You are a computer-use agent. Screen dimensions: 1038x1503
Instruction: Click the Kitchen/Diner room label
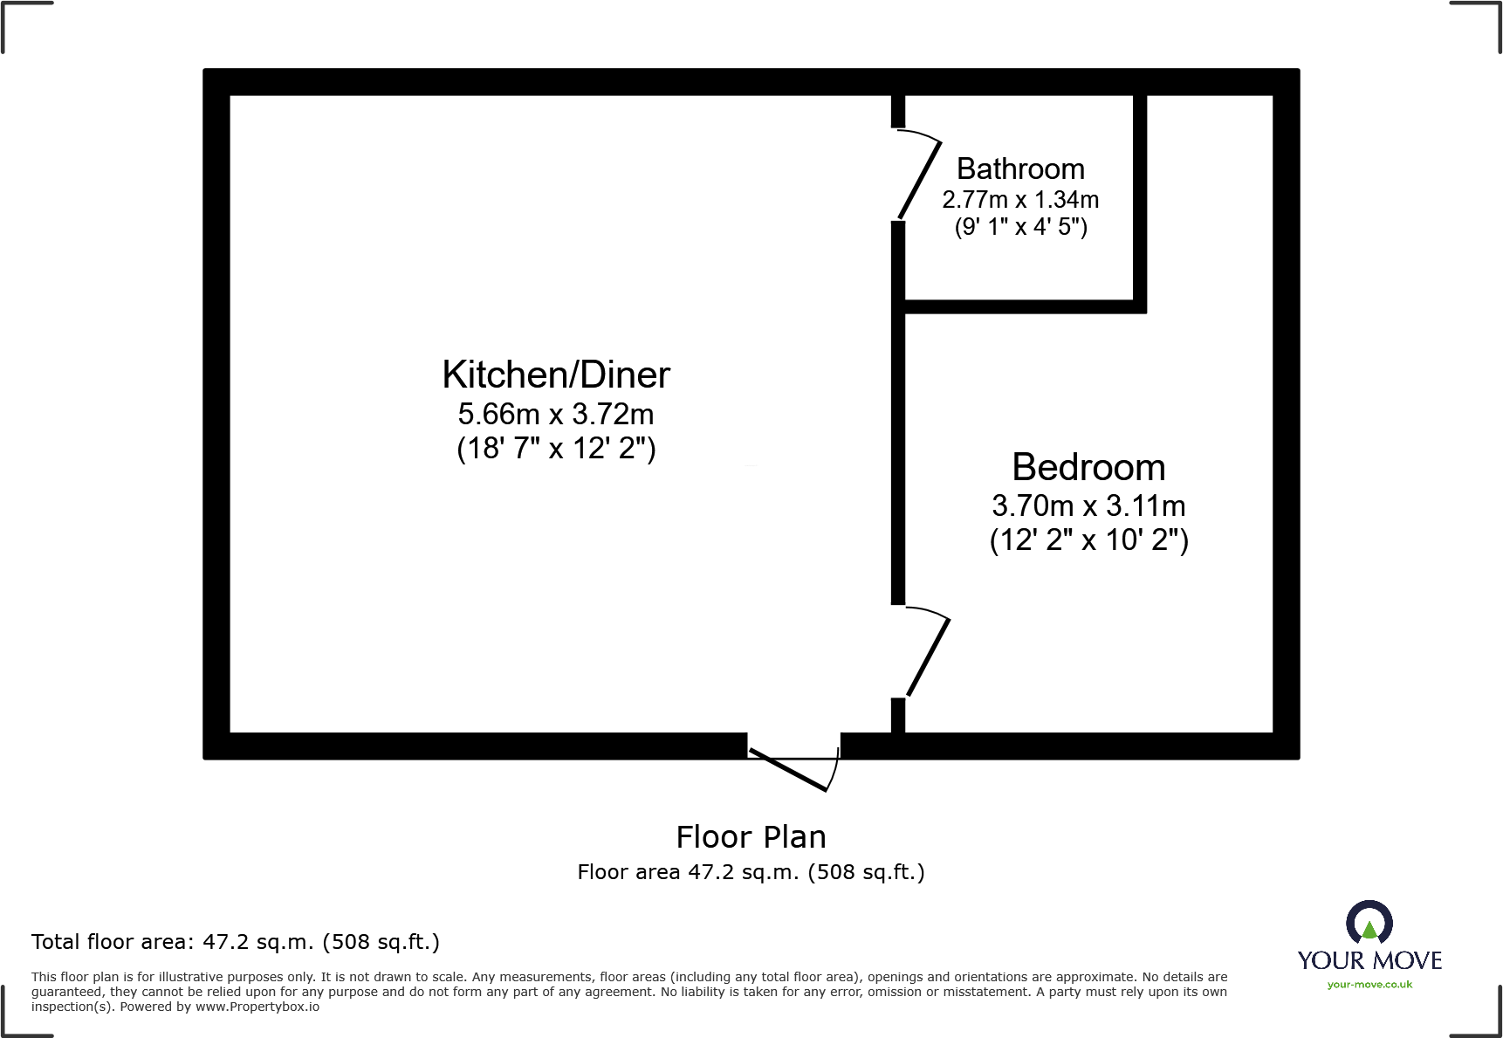pos(556,375)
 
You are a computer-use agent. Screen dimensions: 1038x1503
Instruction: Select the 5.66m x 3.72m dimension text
pos(556,414)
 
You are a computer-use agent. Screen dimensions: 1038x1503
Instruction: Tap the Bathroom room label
pos(1020,168)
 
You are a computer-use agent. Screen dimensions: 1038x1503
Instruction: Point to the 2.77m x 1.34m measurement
pos(1020,200)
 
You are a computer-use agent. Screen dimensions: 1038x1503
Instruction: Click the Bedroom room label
pos(1088,468)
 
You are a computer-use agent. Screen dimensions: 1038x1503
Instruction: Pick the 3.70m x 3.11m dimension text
pos(1088,506)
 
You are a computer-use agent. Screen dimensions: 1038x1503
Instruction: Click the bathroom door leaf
pos(920,180)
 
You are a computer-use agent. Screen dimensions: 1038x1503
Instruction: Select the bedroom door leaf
pos(929,657)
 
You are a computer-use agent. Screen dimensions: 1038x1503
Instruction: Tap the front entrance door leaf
pos(788,770)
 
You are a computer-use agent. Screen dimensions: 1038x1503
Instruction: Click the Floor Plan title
pos(751,837)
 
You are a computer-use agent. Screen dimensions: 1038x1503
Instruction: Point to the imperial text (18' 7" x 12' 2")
pos(556,449)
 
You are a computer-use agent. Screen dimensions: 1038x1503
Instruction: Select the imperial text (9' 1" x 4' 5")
pos(1020,228)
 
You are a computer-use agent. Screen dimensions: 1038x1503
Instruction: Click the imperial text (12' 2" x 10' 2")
pos(1088,540)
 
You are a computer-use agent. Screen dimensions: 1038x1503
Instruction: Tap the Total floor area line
pos(236,942)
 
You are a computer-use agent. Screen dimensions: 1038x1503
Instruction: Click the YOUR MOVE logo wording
pos(1369,961)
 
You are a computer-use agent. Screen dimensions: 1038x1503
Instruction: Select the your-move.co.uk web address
pos(1369,985)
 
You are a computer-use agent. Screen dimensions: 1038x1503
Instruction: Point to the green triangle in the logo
pos(1369,931)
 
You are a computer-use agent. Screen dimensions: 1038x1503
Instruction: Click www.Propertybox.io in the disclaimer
pos(257,1007)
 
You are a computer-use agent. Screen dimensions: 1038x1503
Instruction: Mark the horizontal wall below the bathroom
pos(1021,306)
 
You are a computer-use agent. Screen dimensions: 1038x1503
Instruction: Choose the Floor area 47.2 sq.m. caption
pos(751,872)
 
